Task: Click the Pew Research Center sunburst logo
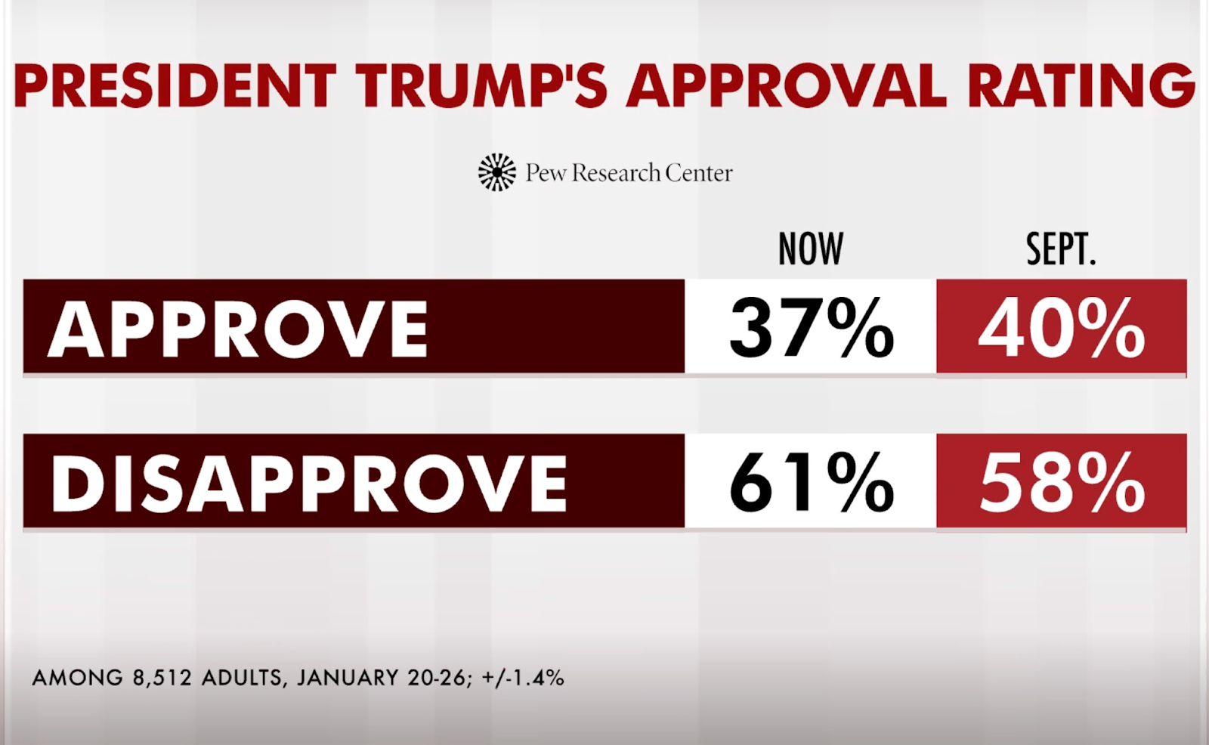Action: [497, 172]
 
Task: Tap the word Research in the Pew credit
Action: [615, 173]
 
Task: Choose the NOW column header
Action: [810, 249]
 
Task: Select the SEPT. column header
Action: [1060, 249]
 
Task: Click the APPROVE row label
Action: [238, 329]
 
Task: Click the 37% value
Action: [812, 328]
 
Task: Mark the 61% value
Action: [812, 483]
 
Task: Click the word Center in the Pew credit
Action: [699, 173]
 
